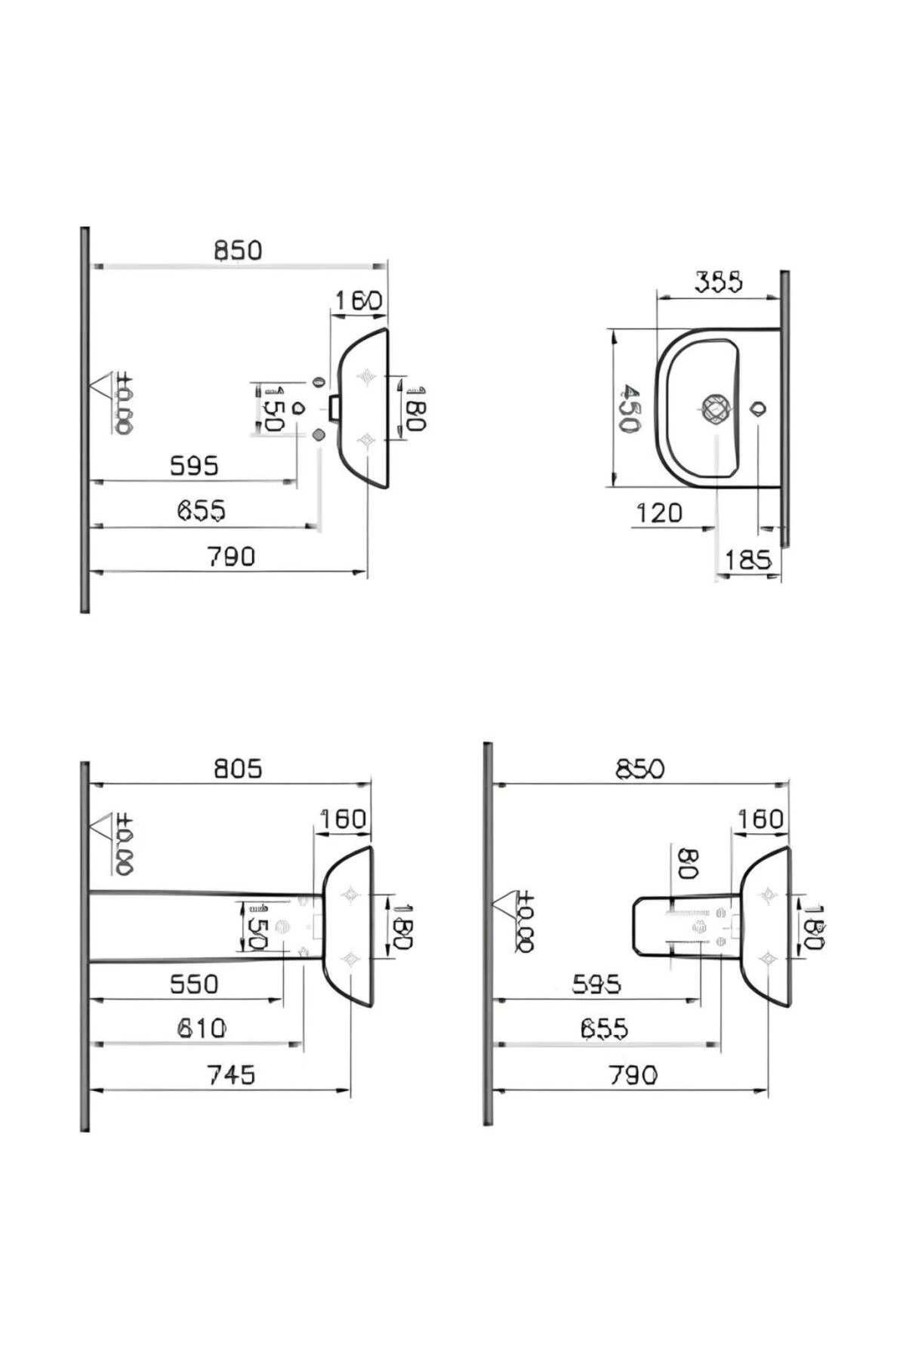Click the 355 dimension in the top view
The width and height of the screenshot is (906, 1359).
tap(718, 282)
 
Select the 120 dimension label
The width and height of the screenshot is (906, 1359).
tap(658, 513)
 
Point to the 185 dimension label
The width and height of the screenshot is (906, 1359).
tap(747, 560)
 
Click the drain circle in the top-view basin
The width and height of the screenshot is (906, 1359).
tap(715, 409)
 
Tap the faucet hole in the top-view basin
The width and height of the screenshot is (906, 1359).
tap(758, 409)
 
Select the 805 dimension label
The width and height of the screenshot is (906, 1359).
tap(238, 769)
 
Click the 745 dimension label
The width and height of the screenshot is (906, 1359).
tap(231, 1074)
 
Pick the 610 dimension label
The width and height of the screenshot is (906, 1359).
tap(201, 1028)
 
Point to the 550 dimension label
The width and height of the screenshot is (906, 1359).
tap(193, 984)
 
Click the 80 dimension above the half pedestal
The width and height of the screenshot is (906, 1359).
tap(687, 864)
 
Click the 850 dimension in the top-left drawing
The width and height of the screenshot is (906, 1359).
tap(238, 250)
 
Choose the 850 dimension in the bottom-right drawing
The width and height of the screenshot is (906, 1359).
tap(640, 769)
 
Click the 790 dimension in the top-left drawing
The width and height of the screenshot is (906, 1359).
tap(231, 557)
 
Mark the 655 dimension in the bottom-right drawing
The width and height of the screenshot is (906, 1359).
tap(604, 1029)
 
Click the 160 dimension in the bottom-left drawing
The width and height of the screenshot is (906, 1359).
tap(343, 819)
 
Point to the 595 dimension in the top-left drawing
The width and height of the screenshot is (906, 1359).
tap(194, 466)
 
